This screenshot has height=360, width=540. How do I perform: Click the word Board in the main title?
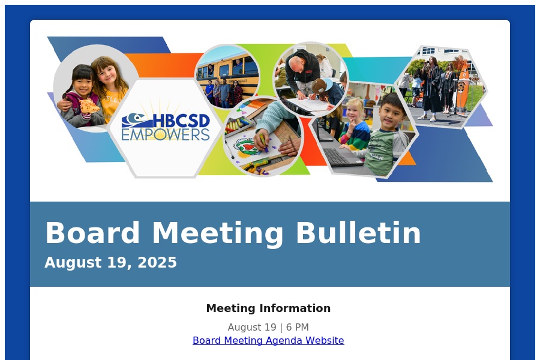[92, 233]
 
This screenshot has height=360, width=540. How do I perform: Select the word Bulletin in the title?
[358, 233]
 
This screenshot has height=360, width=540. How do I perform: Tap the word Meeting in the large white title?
[218, 234]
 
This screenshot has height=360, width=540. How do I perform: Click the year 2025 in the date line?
[157, 263]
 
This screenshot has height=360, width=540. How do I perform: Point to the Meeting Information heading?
[268, 308]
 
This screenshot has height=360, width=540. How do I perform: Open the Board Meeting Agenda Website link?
[268, 340]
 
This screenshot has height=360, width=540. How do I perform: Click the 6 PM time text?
[297, 327]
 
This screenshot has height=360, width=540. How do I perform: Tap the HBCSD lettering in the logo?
[181, 121]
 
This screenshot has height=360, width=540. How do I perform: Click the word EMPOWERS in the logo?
[166, 134]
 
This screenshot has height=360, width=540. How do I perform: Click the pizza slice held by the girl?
[89, 106]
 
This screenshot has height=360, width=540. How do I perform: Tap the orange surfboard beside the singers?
[462, 86]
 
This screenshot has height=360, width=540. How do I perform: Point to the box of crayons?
[237, 124]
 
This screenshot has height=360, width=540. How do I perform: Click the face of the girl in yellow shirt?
[107, 73]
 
